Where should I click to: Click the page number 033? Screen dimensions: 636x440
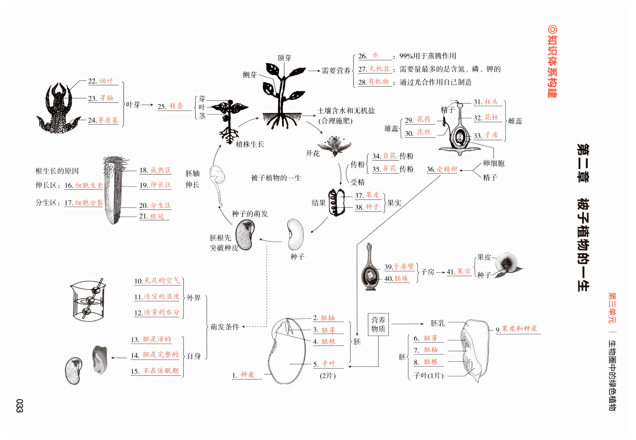(x=19, y=406)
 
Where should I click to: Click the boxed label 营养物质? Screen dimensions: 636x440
(x=378, y=324)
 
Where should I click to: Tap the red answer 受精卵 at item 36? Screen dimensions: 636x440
(x=447, y=169)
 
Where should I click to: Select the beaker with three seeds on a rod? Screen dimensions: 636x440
(x=88, y=301)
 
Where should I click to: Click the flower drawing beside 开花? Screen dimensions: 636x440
(x=334, y=146)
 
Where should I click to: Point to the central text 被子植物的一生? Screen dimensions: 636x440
(x=276, y=178)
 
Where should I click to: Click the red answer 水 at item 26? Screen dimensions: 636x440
(x=375, y=55)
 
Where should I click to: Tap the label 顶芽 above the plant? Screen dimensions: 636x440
(x=284, y=58)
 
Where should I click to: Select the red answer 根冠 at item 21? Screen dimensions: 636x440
(x=157, y=216)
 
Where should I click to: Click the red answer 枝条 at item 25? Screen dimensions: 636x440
(x=176, y=106)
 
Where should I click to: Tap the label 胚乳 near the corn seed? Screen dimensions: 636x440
(x=438, y=323)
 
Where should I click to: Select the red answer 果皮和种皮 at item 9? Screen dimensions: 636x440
(x=519, y=328)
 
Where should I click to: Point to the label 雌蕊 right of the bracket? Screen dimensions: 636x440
(x=515, y=121)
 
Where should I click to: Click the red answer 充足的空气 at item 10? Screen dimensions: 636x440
(x=162, y=280)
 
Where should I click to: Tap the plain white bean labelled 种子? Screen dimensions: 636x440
(x=295, y=234)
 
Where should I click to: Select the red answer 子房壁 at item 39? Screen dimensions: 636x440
(x=403, y=266)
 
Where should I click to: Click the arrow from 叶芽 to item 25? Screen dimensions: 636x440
(x=147, y=105)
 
